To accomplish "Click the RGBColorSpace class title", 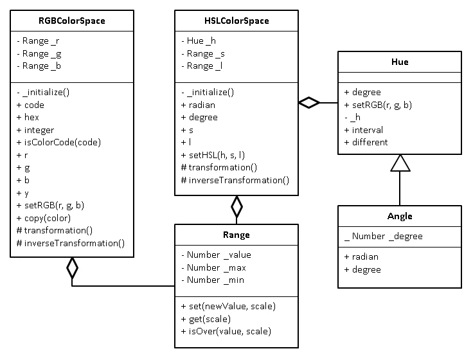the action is tap(72, 21).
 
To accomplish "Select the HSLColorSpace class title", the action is tap(236, 21).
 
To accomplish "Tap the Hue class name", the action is tap(400, 62).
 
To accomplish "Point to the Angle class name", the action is tap(400, 216).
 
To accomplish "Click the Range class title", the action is tap(236, 235).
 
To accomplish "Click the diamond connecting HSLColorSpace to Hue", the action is tap(309, 103).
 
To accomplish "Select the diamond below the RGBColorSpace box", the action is tap(72, 267).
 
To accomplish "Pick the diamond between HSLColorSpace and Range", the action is tap(236, 207).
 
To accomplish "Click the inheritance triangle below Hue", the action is tap(400, 163).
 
